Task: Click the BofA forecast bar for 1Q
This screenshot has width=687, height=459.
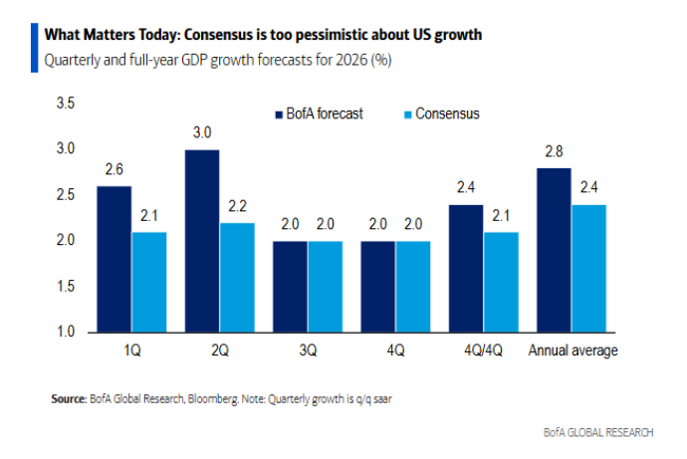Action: [x=114, y=259]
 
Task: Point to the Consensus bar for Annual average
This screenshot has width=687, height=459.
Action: [x=589, y=268]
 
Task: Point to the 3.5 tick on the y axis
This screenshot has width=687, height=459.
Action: [x=65, y=104]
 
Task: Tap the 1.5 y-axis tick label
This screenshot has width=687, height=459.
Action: [x=65, y=287]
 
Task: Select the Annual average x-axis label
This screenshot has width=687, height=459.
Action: [x=572, y=350]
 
